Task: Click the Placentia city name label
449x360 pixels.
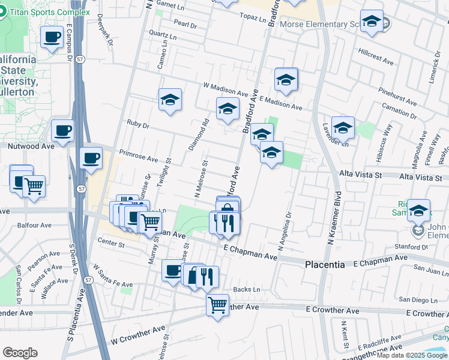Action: click(x=325, y=265)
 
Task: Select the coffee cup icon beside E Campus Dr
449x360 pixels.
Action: click(x=52, y=38)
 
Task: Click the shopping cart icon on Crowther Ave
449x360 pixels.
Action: click(x=217, y=304)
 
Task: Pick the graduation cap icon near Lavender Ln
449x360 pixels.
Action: click(x=343, y=127)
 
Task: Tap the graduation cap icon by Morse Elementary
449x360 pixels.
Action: click(x=372, y=23)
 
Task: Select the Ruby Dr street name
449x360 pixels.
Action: click(x=137, y=124)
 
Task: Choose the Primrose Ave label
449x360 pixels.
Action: click(x=138, y=156)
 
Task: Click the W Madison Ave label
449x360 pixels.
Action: click(x=225, y=90)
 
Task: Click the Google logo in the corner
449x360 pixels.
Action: click(x=20, y=353)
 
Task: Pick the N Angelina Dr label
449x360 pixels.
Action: click(x=284, y=232)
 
